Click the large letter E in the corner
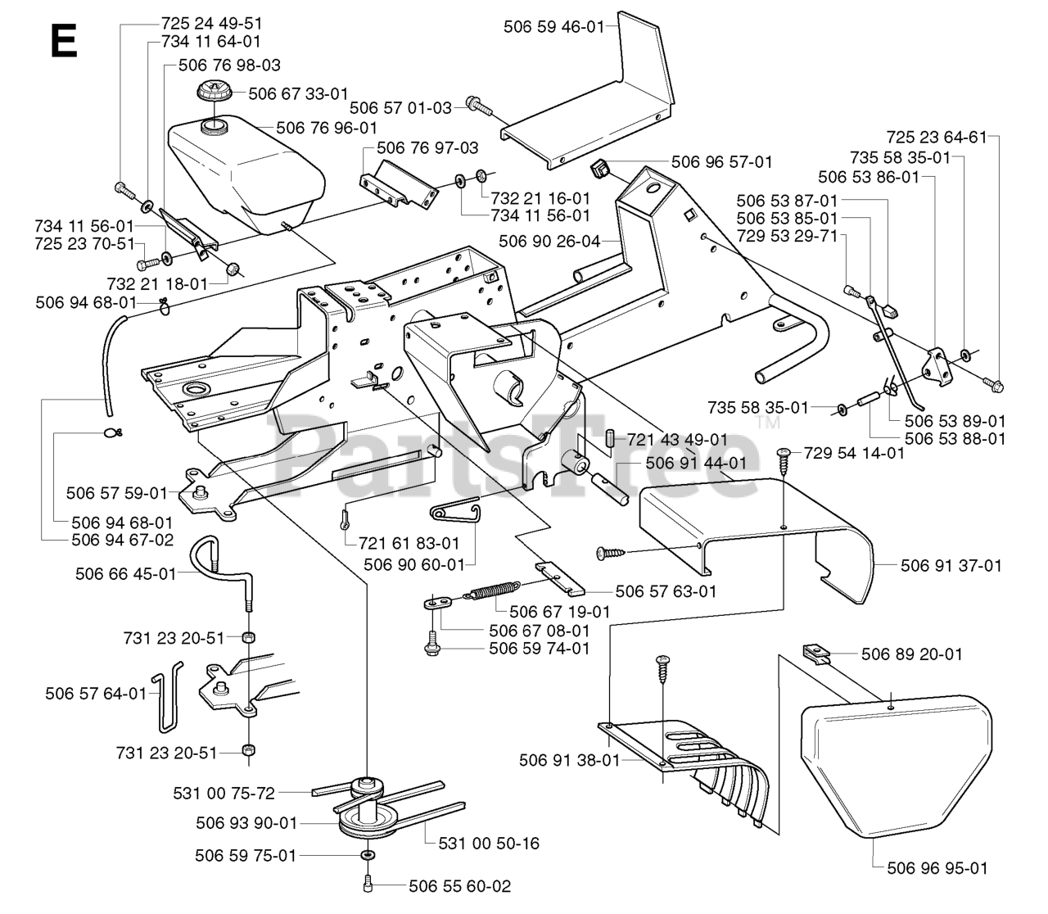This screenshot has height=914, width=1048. [64, 41]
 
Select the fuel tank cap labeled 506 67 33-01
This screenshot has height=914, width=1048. [215, 93]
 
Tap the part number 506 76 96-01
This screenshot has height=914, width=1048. [327, 128]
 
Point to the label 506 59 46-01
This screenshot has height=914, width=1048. [553, 27]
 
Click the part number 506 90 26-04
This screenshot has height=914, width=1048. [549, 241]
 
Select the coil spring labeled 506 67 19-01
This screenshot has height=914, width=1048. [492, 590]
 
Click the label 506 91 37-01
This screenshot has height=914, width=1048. [951, 566]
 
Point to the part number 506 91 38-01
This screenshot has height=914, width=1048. [570, 760]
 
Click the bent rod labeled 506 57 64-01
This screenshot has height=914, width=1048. [168, 698]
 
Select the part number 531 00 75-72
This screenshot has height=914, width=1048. [224, 793]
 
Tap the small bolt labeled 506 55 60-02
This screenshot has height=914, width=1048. [368, 886]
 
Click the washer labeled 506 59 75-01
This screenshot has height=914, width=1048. [368, 855]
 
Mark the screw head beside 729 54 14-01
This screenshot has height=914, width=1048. [784, 451]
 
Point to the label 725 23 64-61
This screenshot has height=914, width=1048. [937, 138]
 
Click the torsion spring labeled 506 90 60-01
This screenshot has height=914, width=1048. [456, 510]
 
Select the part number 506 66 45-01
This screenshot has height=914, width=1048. [126, 574]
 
